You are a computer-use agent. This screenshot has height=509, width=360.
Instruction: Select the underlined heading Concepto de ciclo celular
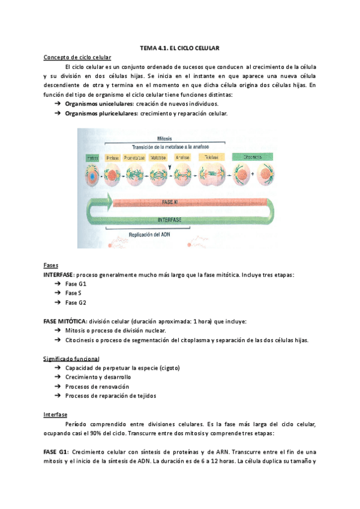pyautogui.click(x=77, y=57)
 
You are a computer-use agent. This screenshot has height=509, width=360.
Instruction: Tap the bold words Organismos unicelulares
pyautogui.click(x=98, y=104)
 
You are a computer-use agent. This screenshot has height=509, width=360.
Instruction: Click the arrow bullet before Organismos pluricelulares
pyautogui.click(x=58, y=113)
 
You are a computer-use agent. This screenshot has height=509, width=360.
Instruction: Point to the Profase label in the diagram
pyautogui.click(x=112, y=157)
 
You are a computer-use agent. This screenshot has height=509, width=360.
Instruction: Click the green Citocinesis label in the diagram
pyautogui.click(x=252, y=157)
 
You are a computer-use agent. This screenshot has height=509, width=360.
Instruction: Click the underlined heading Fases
pyautogui.click(x=51, y=265)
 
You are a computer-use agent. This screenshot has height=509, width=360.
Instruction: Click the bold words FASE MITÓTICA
pyautogui.click(x=65, y=321)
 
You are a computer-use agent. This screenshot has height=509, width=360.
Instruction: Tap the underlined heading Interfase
pyautogui.click(x=55, y=415)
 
